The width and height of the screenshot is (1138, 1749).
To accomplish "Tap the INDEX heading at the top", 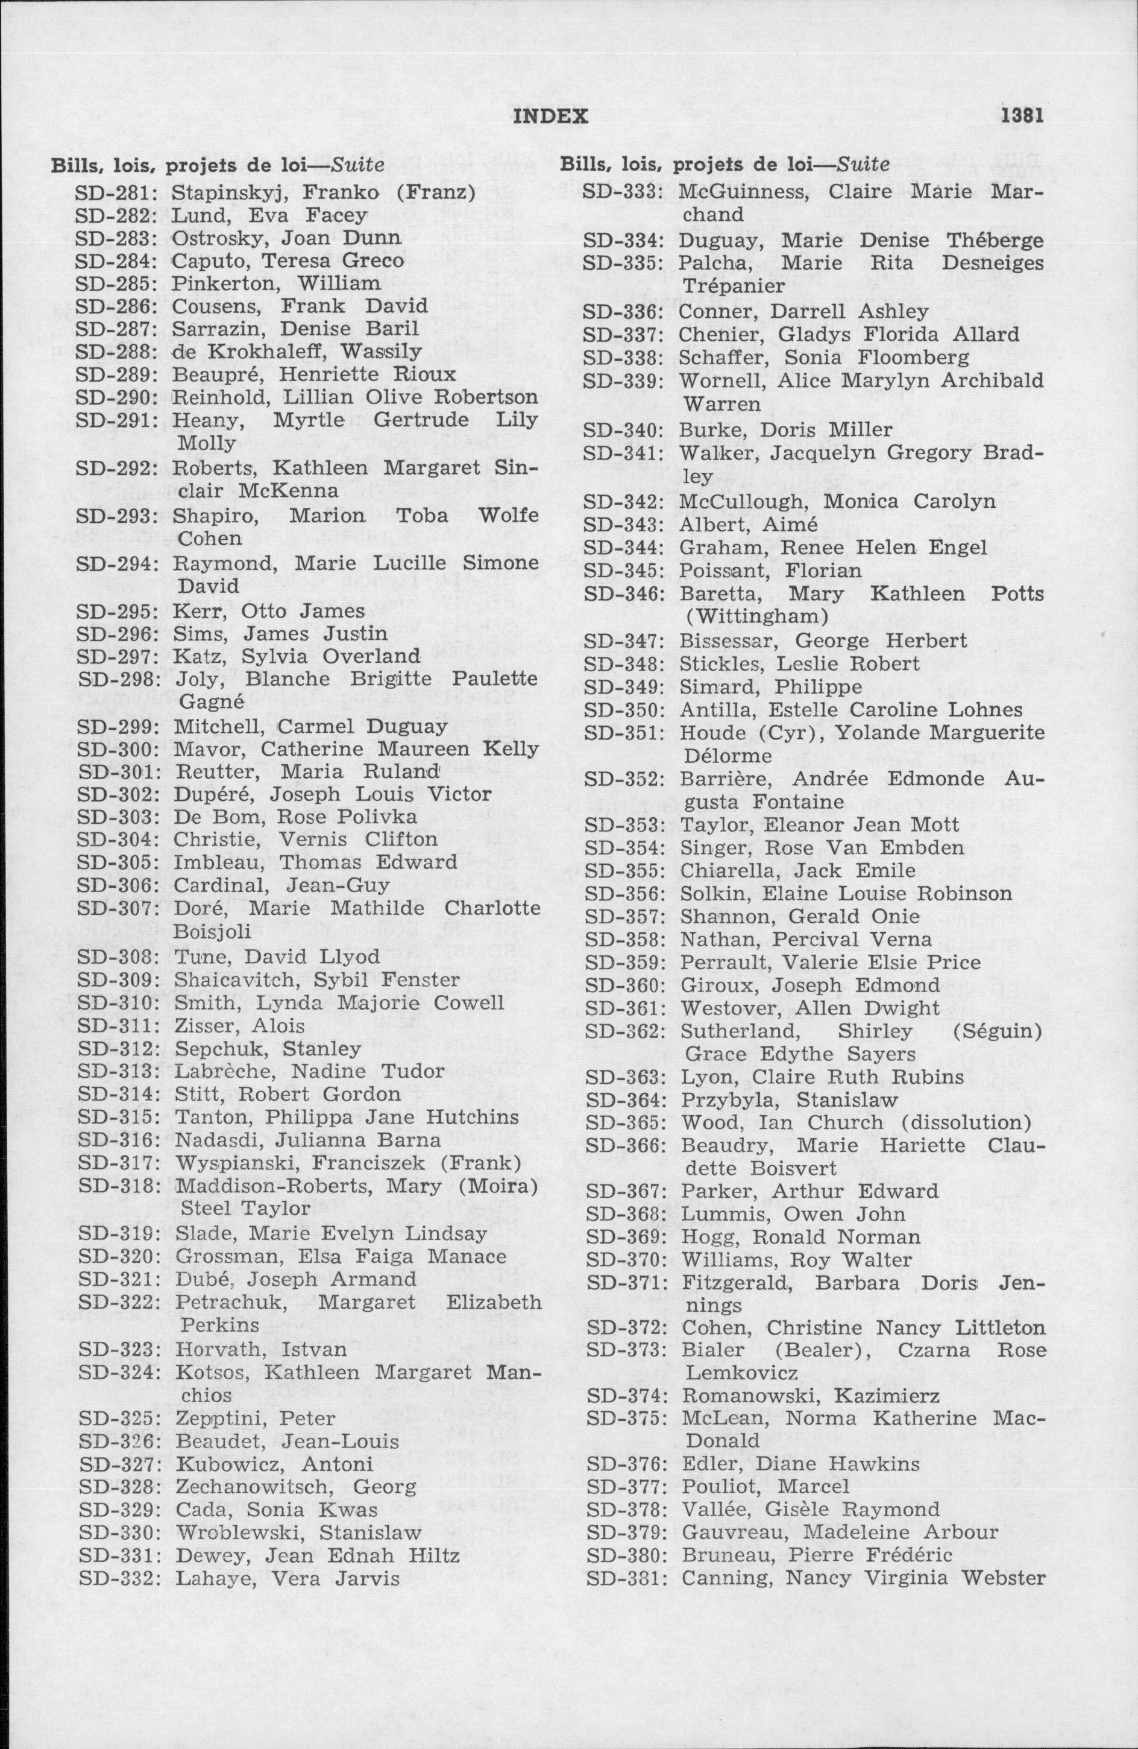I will click(550, 116).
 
